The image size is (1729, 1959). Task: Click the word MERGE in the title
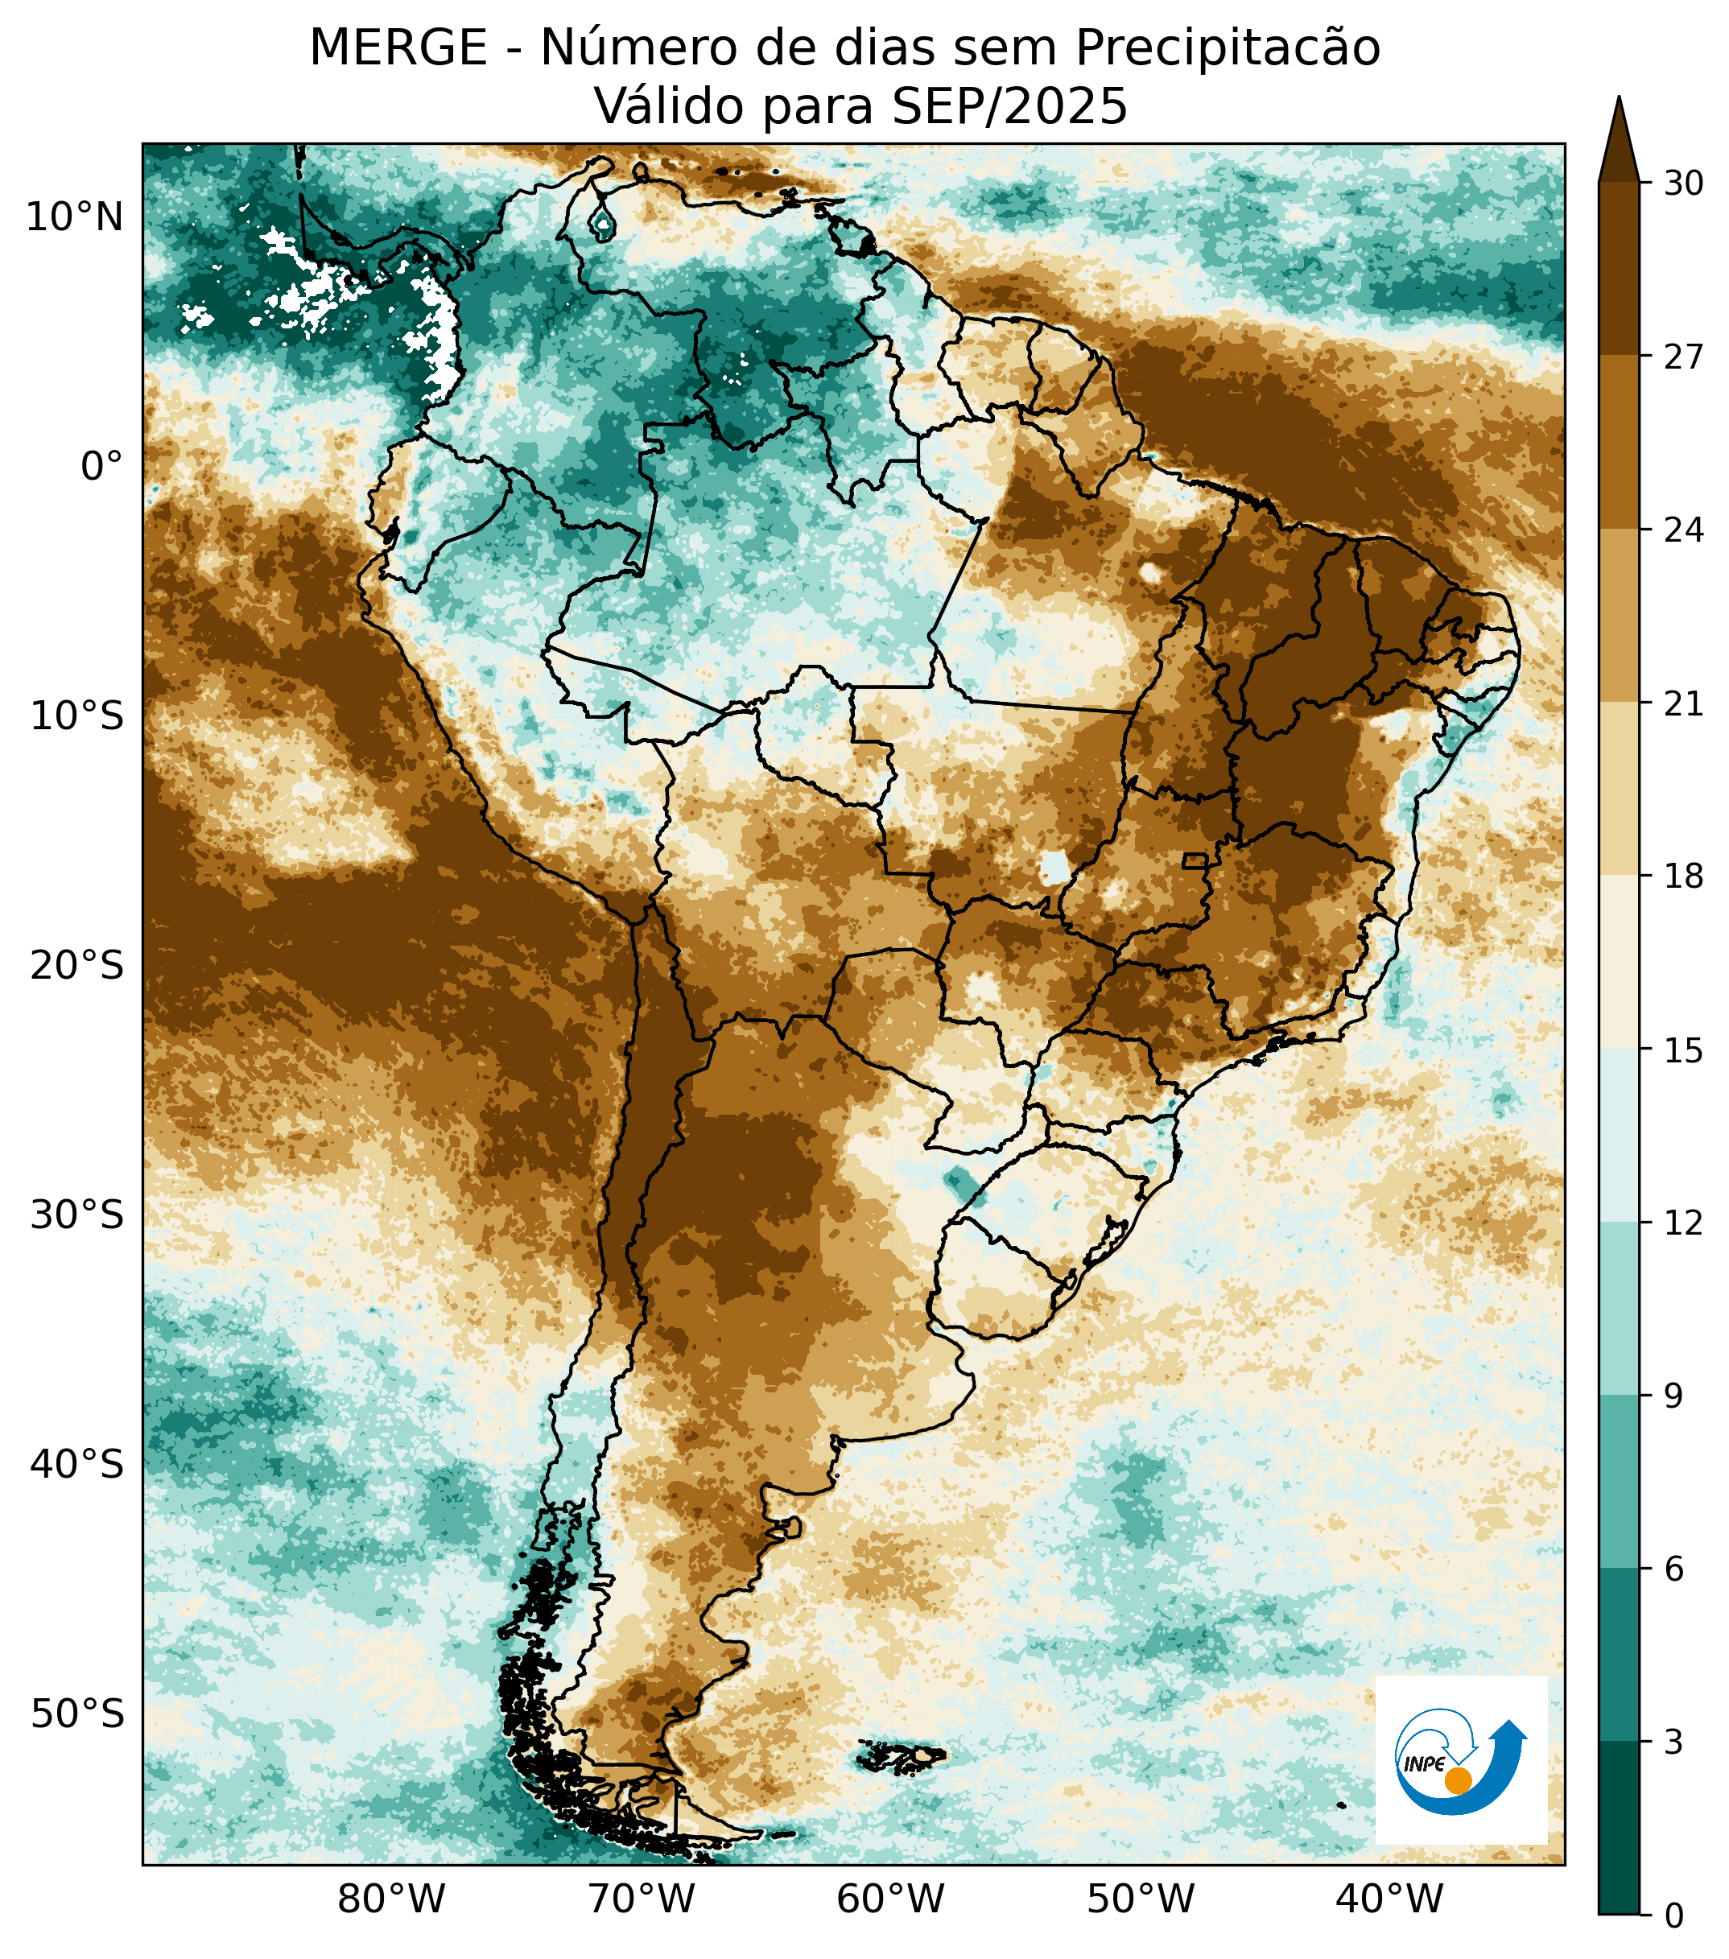tap(398, 48)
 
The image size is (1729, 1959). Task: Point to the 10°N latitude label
tap(75, 219)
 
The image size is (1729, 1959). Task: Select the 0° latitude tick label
tap(101, 467)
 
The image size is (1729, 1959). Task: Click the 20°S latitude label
tap(76, 965)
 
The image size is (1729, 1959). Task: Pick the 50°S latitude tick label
tap(76, 1714)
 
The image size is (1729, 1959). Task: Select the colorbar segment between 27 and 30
tap(1619, 268)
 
